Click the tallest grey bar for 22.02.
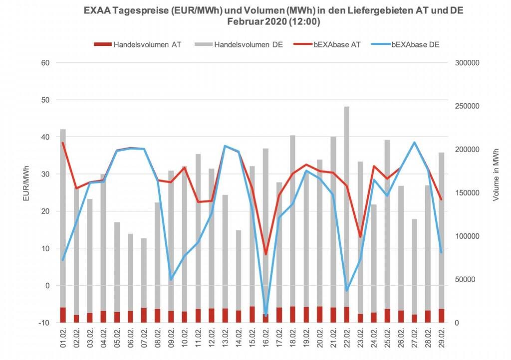click(347, 199)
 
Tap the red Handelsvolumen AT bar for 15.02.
click(252, 315)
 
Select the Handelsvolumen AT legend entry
click(140, 44)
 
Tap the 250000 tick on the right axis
click(467, 106)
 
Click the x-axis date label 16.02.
click(266, 341)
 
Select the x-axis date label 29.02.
click(441, 341)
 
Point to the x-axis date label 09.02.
click(171, 341)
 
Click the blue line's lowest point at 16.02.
click(265, 315)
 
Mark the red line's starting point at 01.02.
click(63, 143)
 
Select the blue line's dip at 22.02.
click(347, 290)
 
